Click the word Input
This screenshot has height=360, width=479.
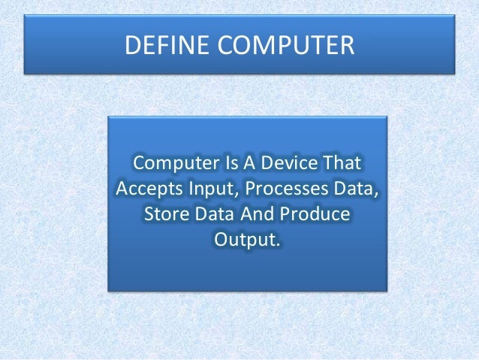[x=210, y=189]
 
